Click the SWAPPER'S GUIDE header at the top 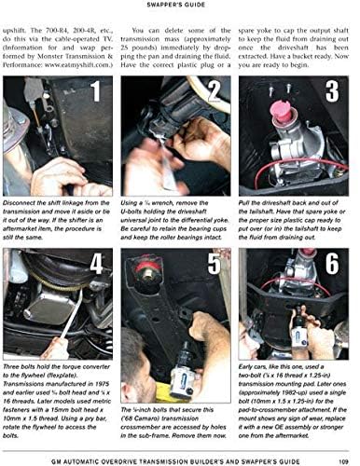point(179,5)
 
